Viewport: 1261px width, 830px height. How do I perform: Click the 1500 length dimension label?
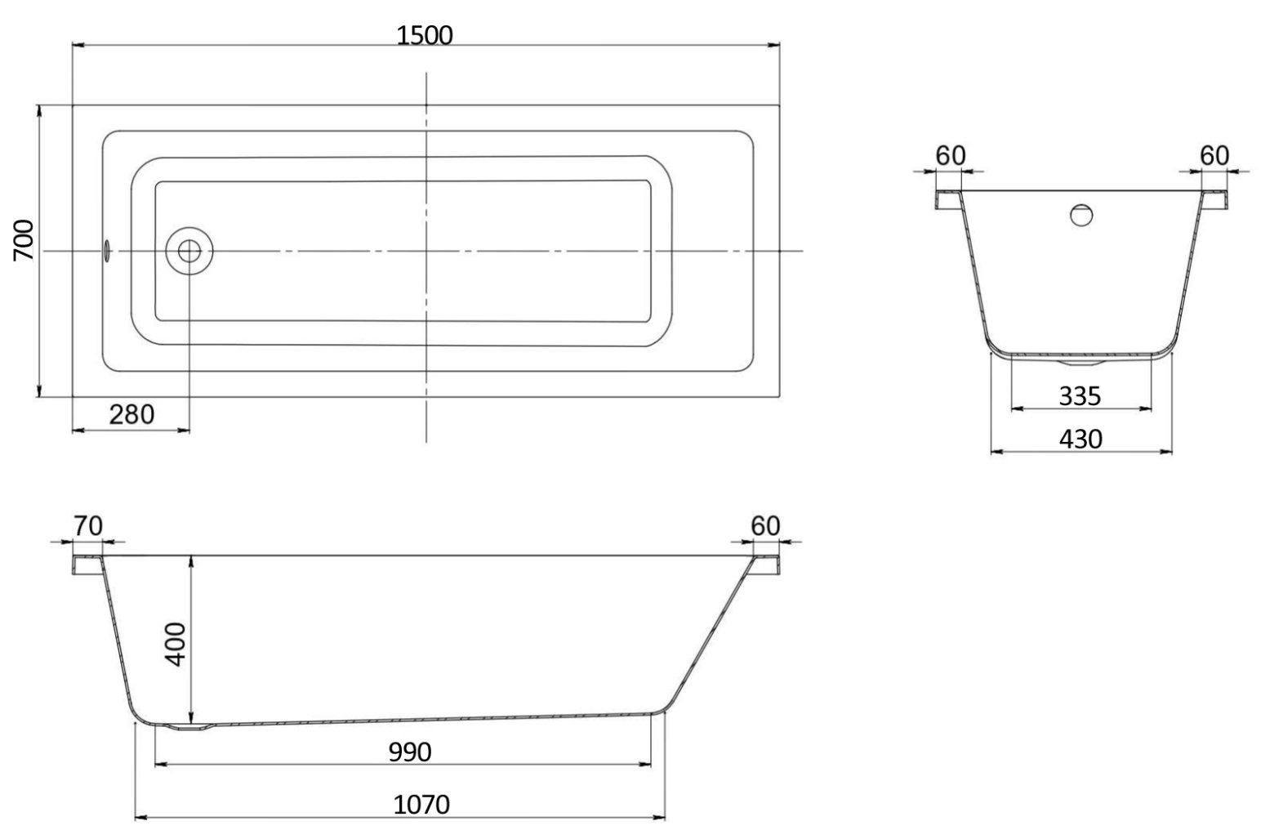click(425, 35)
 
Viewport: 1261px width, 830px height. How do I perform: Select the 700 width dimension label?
click(24, 240)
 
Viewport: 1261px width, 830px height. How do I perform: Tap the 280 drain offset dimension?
click(131, 415)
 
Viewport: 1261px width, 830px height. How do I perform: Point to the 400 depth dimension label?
click(176, 645)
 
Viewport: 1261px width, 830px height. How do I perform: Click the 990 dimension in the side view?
click(410, 752)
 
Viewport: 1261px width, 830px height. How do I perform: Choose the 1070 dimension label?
click(421, 805)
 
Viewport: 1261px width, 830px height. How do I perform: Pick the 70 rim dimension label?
click(88, 526)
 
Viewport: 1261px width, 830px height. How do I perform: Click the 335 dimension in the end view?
click(1080, 396)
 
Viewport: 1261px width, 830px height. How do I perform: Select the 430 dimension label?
click(1081, 440)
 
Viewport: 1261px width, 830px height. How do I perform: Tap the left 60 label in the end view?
click(951, 156)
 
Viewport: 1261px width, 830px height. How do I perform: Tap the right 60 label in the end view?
click(1214, 156)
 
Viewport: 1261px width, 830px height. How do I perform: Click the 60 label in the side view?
click(765, 526)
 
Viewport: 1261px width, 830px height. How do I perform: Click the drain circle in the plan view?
click(189, 251)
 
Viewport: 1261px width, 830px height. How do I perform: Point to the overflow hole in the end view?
click(1081, 215)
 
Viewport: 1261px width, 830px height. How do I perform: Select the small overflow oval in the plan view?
click(107, 251)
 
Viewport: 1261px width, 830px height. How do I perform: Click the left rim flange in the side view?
click(87, 564)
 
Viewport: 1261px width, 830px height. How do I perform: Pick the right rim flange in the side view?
click(767, 564)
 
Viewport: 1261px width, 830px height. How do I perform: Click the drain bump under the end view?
click(1081, 362)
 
